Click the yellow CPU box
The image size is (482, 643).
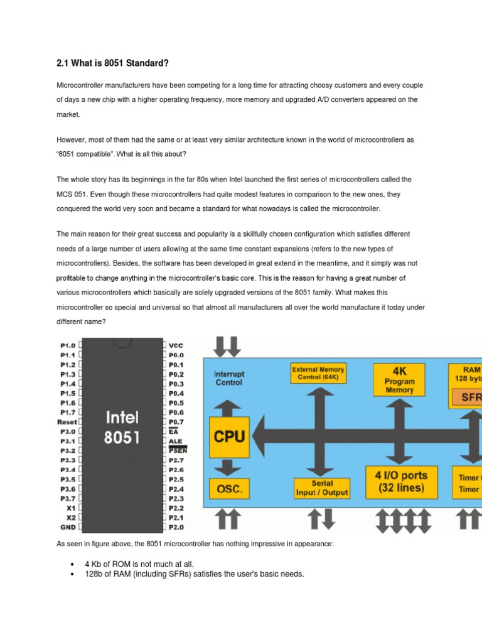coord(229,436)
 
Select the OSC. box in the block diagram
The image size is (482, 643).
coord(228,489)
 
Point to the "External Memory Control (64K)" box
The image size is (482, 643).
coord(318,374)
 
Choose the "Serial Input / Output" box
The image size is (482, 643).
coord(321,489)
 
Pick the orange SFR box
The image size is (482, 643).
coord(468,397)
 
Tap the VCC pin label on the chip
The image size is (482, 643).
coord(176,345)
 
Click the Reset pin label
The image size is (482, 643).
coord(67,422)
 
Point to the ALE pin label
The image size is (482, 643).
coord(175,441)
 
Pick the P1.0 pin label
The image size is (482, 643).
coord(68,345)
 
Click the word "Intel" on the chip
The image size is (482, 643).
coord(122,418)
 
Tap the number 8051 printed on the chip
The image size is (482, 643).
coord(122,438)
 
